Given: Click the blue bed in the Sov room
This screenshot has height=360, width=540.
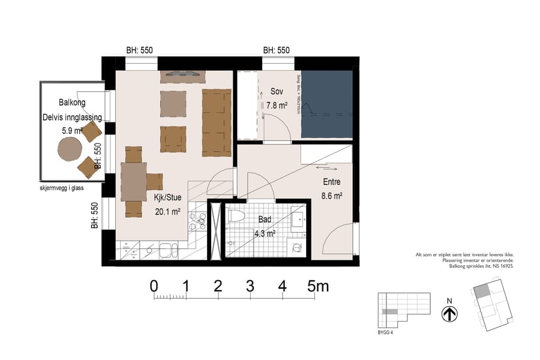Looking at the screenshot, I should pyautogui.click(x=326, y=104).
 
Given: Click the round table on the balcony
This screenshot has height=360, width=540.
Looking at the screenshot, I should pyautogui.click(x=70, y=148).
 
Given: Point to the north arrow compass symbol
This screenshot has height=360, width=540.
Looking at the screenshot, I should pyautogui.click(x=449, y=313).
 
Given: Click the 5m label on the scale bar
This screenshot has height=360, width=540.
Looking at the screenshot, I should pyautogui.click(x=318, y=286).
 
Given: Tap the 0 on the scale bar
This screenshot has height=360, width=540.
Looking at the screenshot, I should pyautogui.click(x=154, y=286).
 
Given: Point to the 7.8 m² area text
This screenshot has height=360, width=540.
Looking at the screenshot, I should pyautogui.click(x=273, y=106).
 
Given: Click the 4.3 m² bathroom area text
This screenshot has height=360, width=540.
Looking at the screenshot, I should pyautogui.click(x=264, y=233).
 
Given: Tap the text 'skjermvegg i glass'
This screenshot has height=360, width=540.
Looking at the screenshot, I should pyautogui.click(x=60, y=188).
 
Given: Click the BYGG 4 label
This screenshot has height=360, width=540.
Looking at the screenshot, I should pyautogui.click(x=385, y=332).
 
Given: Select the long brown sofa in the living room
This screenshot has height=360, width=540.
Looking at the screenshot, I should pyautogui.click(x=216, y=122).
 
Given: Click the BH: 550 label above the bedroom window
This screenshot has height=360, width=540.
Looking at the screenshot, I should pyautogui.click(x=276, y=50).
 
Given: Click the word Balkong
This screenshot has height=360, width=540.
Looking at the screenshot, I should pyautogui.click(x=72, y=103).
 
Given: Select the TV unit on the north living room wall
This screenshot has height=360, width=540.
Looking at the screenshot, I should pyautogui.click(x=182, y=76).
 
